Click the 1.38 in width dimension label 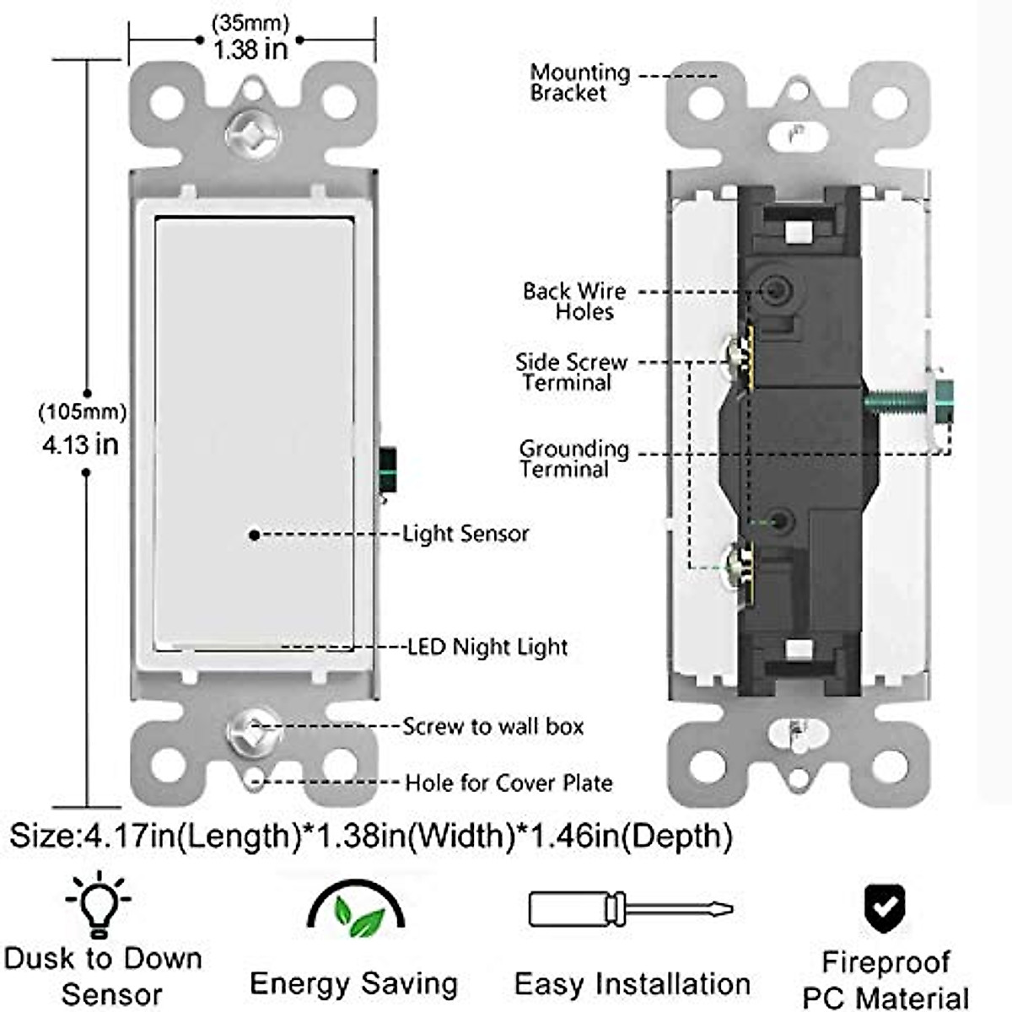pyautogui.click(x=250, y=49)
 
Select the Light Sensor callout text pyautogui.click(x=466, y=533)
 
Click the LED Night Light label pyautogui.click(x=487, y=647)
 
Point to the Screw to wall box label pyautogui.click(x=493, y=726)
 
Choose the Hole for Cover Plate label pyautogui.click(x=509, y=783)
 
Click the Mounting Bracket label pyautogui.click(x=579, y=83)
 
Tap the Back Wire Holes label pyautogui.click(x=575, y=301)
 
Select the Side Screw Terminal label pyautogui.click(x=571, y=372)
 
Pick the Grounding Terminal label pyautogui.click(x=573, y=459)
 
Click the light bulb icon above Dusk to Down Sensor pyautogui.click(x=100, y=905)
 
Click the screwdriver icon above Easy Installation pyautogui.click(x=630, y=909)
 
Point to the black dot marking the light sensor pyautogui.click(x=254, y=534)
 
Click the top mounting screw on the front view pyautogui.click(x=253, y=134)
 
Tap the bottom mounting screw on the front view pyautogui.click(x=253, y=729)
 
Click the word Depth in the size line pyautogui.click(x=678, y=836)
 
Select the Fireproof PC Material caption pyautogui.click(x=885, y=978)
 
